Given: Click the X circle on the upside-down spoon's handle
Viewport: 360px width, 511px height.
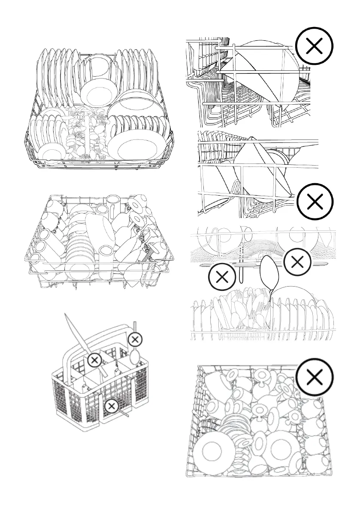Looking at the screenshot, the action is [135, 339].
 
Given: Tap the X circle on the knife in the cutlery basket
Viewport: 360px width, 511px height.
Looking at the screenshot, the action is [94, 360].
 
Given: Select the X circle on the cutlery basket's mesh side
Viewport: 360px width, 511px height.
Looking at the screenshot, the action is [111, 405].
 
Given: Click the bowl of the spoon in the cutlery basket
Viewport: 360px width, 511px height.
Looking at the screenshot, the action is [134, 355].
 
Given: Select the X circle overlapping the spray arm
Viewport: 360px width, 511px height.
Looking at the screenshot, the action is [297, 262].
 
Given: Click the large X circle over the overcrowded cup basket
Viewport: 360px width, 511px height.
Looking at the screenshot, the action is [315, 378].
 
